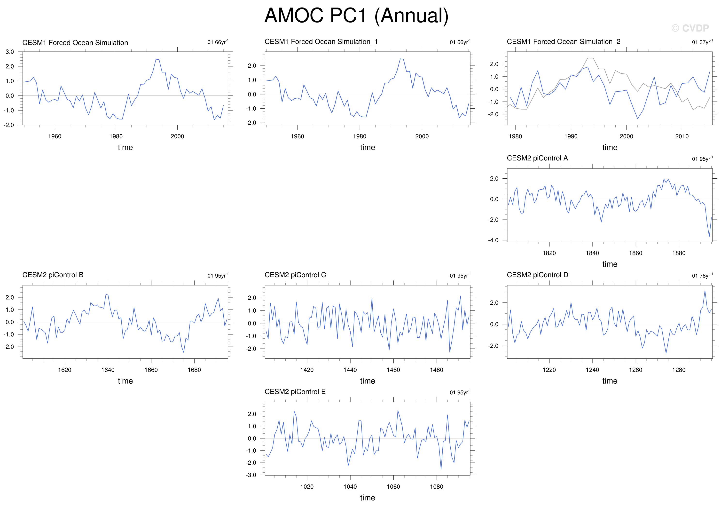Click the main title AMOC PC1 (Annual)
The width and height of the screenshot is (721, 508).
coord(356,16)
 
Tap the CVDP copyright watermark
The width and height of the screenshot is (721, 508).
coord(690,28)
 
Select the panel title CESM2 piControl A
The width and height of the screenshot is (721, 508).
coord(537,158)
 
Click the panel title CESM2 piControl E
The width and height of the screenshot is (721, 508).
coord(295,391)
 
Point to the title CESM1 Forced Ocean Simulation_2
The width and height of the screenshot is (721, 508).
coord(564,41)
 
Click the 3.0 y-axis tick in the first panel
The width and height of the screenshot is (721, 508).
coord(10,52)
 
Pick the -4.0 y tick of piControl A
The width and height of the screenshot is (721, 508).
coord(493,240)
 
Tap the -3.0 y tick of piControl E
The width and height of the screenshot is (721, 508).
coord(251,475)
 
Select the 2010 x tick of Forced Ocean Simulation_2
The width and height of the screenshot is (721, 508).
coord(682,136)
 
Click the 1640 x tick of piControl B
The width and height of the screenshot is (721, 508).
coord(108,370)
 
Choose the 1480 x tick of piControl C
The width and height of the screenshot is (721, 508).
coord(437,370)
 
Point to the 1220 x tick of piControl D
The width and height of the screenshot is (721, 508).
coord(549,370)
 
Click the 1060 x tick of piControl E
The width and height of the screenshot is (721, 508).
coord(393,487)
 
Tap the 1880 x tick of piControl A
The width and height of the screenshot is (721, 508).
coord(679,253)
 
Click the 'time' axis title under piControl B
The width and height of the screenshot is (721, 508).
coord(125,381)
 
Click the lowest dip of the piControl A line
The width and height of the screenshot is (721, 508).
coord(709,237)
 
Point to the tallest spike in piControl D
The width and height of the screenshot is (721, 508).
coord(705,291)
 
